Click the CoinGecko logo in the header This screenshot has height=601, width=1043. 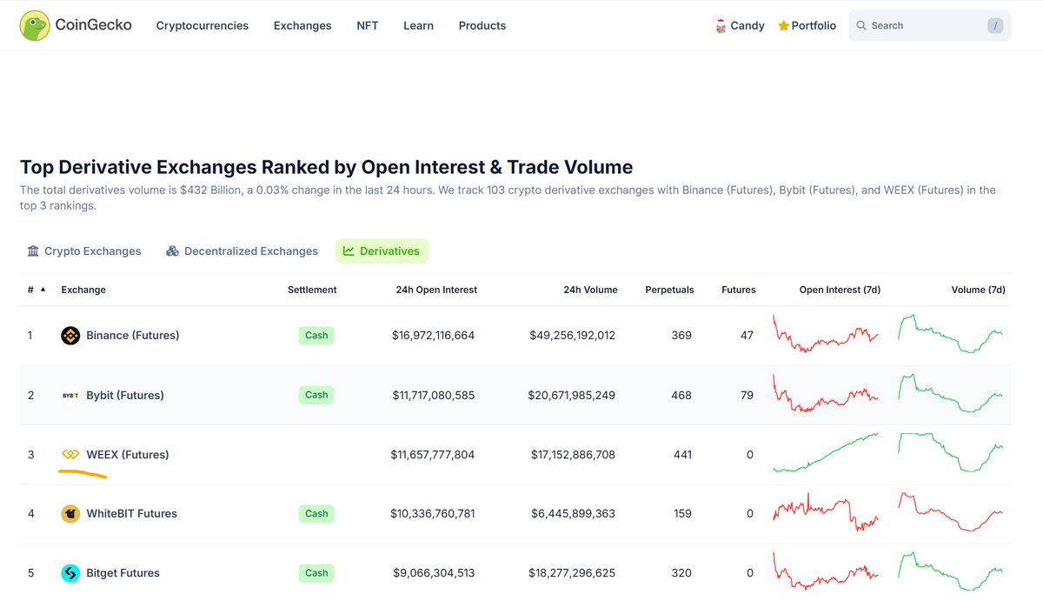(76, 26)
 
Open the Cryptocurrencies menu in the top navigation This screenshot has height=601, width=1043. (202, 26)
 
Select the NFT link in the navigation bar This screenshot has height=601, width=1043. (367, 26)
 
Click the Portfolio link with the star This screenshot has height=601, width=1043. (807, 26)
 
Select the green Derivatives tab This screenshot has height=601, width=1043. (382, 251)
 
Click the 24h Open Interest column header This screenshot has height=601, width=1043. (435, 290)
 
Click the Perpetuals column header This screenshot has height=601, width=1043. (669, 290)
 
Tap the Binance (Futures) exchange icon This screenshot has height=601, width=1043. (70, 336)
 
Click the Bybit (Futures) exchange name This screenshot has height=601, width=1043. (125, 395)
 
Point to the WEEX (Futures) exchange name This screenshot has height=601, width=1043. (128, 455)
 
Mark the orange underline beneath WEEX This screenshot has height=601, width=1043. (83, 474)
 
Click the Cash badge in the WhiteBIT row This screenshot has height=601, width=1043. (316, 514)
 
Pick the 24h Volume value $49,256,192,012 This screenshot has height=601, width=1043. (572, 336)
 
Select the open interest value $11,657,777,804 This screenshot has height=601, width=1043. (433, 455)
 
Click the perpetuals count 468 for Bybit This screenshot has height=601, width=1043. (681, 395)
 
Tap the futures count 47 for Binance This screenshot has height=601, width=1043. (747, 336)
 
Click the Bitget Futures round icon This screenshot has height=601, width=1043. (70, 573)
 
